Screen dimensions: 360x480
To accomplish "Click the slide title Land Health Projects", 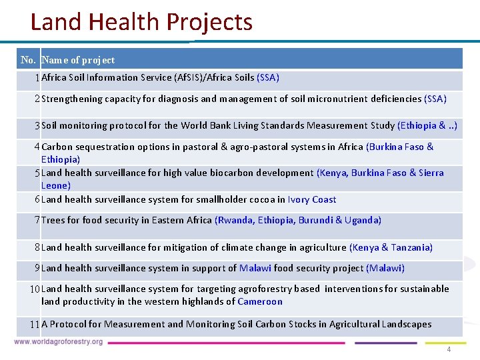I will pyautogui.click(x=141, y=22).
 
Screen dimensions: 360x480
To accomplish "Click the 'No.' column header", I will pyautogui.click(x=29, y=60).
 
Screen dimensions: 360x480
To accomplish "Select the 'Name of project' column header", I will pyautogui.click(x=78, y=60).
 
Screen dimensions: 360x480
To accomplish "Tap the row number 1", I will pyautogui.click(x=37, y=77).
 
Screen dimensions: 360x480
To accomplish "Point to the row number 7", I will pyautogui.click(x=37, y=220).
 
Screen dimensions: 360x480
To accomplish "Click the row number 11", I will pyautogui.click(x=35, y=325).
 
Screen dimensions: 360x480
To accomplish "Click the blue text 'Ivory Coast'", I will pyautogui.click(x=312, y=199).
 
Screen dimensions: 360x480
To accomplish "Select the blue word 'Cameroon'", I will pyautogui.click(x=260, y=301).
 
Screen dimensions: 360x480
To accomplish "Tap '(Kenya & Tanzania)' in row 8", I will pyautogui.click(x=391, y=247).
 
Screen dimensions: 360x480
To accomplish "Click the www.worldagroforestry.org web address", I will pyautogui.click(x=59, y=342).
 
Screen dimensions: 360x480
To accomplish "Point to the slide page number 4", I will pyautogui.click(x=449, y=350).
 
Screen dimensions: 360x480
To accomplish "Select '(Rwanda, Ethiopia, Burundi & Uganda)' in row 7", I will pyautogui.click(x=298, y=220).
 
